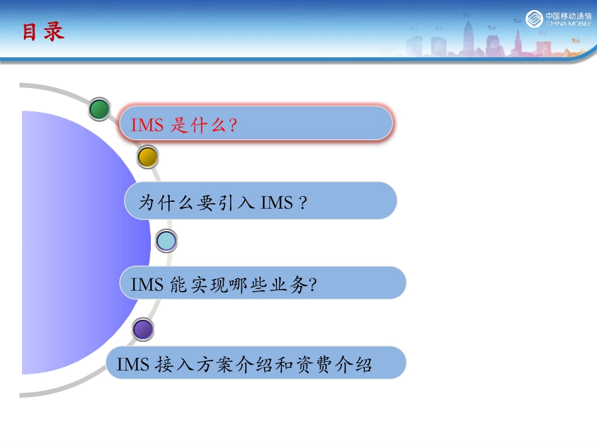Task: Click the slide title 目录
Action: [x=43, y=32]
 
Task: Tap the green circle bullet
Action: [x=99, y=109]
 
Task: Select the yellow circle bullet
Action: [x=147, y=156]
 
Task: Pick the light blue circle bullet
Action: [x=166, y=240]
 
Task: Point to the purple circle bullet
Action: [x=143, y=329]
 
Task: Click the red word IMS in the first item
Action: [x=147, y=125]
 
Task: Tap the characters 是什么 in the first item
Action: [x=199, y=125]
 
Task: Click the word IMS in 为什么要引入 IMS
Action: [x=277, y=203]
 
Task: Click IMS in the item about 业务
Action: [x=147, y=285]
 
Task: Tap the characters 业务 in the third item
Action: [x=292, y=285]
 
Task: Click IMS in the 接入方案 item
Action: [x=133, y=364]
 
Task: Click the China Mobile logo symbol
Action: [x=534, y=19]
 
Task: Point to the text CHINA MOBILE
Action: [x=568, y=24]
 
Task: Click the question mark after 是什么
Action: [x=233, y=126]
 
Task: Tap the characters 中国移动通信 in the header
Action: [x=568, y=16]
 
